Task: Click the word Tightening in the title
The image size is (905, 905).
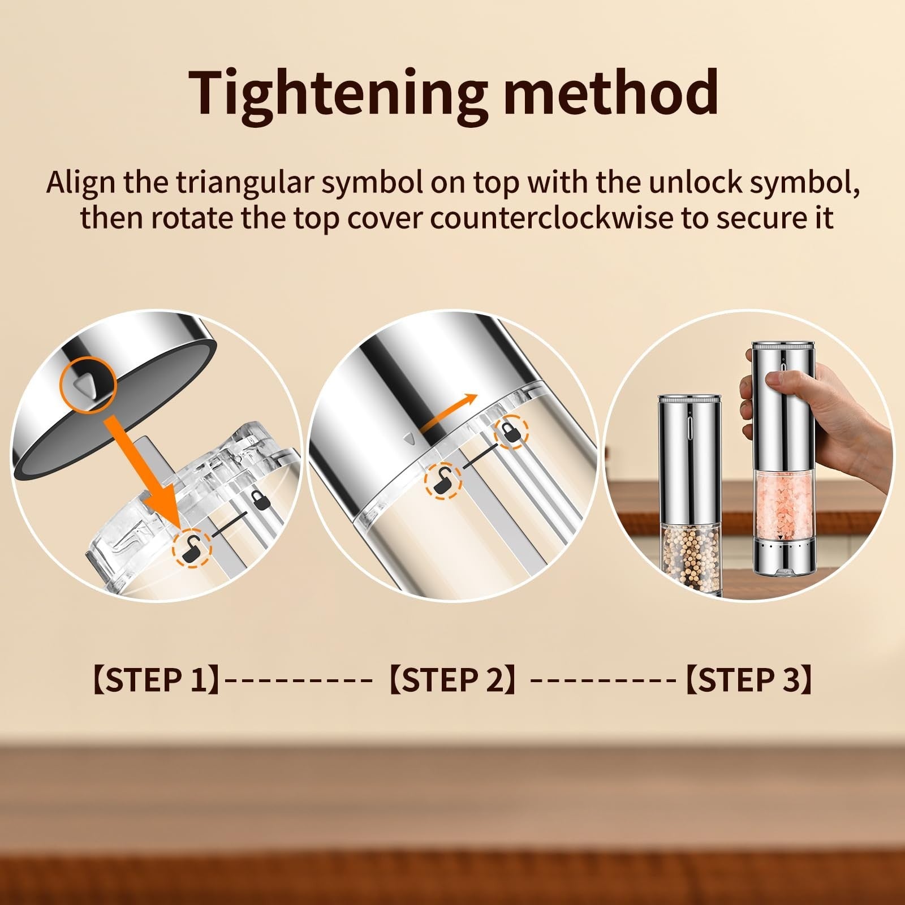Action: [338, 94]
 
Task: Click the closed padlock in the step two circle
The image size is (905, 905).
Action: [511, 434]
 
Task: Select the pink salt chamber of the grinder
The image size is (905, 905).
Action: [782, 505]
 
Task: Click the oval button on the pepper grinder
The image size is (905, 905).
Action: [689, 425]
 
